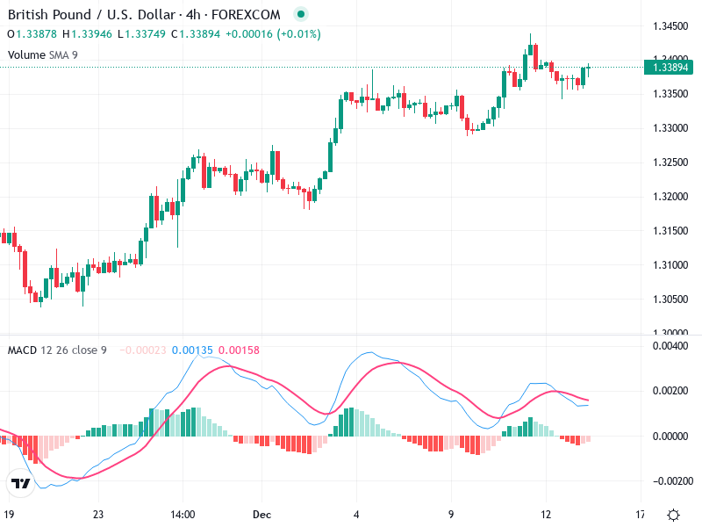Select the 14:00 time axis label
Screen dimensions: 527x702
pos(183,515)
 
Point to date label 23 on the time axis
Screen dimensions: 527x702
pos(98,515)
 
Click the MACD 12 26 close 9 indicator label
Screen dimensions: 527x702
pos(57,350)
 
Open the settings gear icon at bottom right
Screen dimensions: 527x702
pos(673,515)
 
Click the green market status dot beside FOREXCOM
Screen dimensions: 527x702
pos(302,15)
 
